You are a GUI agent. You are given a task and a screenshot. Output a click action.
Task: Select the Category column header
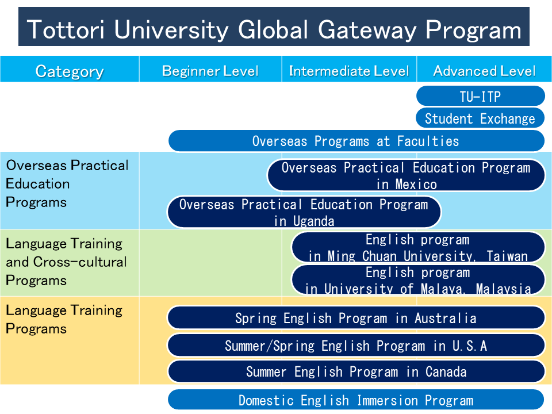click(70, 71)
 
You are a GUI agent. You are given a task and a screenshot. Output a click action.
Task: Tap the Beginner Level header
click(210, 71)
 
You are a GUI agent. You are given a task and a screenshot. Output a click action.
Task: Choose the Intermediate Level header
click(349, 71)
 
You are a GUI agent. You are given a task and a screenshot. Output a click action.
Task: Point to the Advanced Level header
click(484, 71)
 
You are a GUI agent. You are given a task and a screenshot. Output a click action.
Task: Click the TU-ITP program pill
click(481, 96)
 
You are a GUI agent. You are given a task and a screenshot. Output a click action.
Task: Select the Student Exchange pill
click(480, 118)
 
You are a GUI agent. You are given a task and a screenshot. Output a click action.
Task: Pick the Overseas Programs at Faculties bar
click(356, 141)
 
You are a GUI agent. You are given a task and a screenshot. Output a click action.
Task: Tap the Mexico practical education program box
click(407, 175)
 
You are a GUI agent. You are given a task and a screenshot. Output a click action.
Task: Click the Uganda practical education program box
click(304, 212)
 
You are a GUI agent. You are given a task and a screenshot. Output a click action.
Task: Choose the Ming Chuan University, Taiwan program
click(418, 247)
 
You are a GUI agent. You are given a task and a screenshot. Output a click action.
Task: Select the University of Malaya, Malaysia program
click(418, 279)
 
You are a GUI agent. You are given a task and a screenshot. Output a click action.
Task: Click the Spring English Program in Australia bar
click(356, 318)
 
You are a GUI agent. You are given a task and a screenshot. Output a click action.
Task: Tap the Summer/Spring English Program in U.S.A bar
click(356, 346)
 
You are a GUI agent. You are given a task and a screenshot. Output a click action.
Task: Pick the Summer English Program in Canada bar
click(356, 371)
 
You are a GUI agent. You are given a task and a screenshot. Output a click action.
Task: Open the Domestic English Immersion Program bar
click(356, 400)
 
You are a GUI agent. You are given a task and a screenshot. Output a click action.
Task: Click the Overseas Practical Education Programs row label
click(67, 184)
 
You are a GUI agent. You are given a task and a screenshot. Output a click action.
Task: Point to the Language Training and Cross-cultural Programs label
click(66, 262)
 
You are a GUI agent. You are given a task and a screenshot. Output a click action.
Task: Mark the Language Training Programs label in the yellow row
click(64, 319)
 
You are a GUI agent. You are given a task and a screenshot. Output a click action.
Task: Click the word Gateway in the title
click(367, 29)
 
